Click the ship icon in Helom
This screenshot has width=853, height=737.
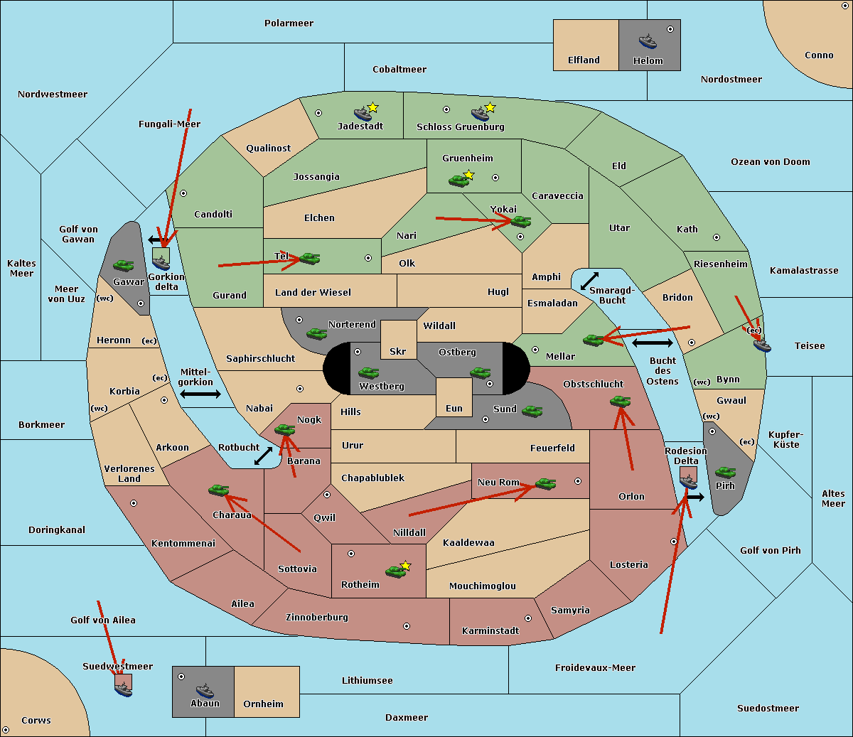[x=648, y=41]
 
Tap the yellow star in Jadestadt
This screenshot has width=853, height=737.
[x=372, y=107]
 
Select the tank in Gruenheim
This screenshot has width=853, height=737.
[x=459, y=181]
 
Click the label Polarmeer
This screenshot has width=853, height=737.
[x=289, y=23]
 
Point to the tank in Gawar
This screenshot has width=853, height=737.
[x=124, y=265]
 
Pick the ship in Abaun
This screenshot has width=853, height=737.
[x=205, y=690]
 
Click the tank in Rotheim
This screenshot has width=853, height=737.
[x=396, y=571]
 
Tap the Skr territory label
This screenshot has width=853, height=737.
[x=398, y=351]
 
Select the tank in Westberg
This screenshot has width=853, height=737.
[x=368, y=372]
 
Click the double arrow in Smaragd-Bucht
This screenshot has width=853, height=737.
[x=589, y=281]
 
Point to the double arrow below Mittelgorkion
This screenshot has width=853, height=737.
[x=200, y=394]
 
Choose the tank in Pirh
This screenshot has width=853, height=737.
[x=725, y=472]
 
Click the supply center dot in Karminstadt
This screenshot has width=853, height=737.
[x=528, y=618]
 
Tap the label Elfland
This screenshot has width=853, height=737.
[x=584, y=60]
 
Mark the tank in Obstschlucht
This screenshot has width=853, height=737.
[x=621, y=401]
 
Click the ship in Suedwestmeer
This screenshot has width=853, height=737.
[x=124, y=689]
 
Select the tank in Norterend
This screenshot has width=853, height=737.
[x=316, y=333]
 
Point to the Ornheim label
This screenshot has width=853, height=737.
[x=263, y=704]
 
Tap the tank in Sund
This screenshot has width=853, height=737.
[x=532, y=411]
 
